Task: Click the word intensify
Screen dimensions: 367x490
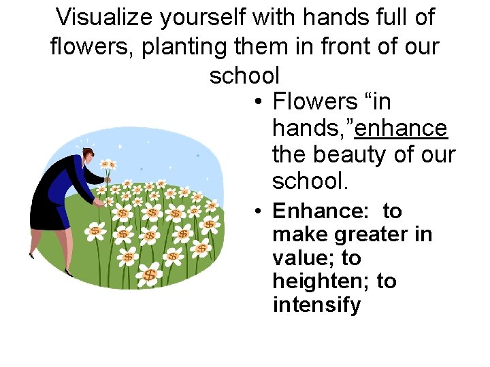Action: [x=316, y=305]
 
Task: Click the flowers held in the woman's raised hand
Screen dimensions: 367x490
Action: [x=108, y=164]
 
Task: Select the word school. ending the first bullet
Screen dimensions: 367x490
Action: [x=310, y=181]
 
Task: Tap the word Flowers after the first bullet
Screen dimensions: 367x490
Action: [x=314, y=102]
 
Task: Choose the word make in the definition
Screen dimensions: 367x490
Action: [x=297, y=234]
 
